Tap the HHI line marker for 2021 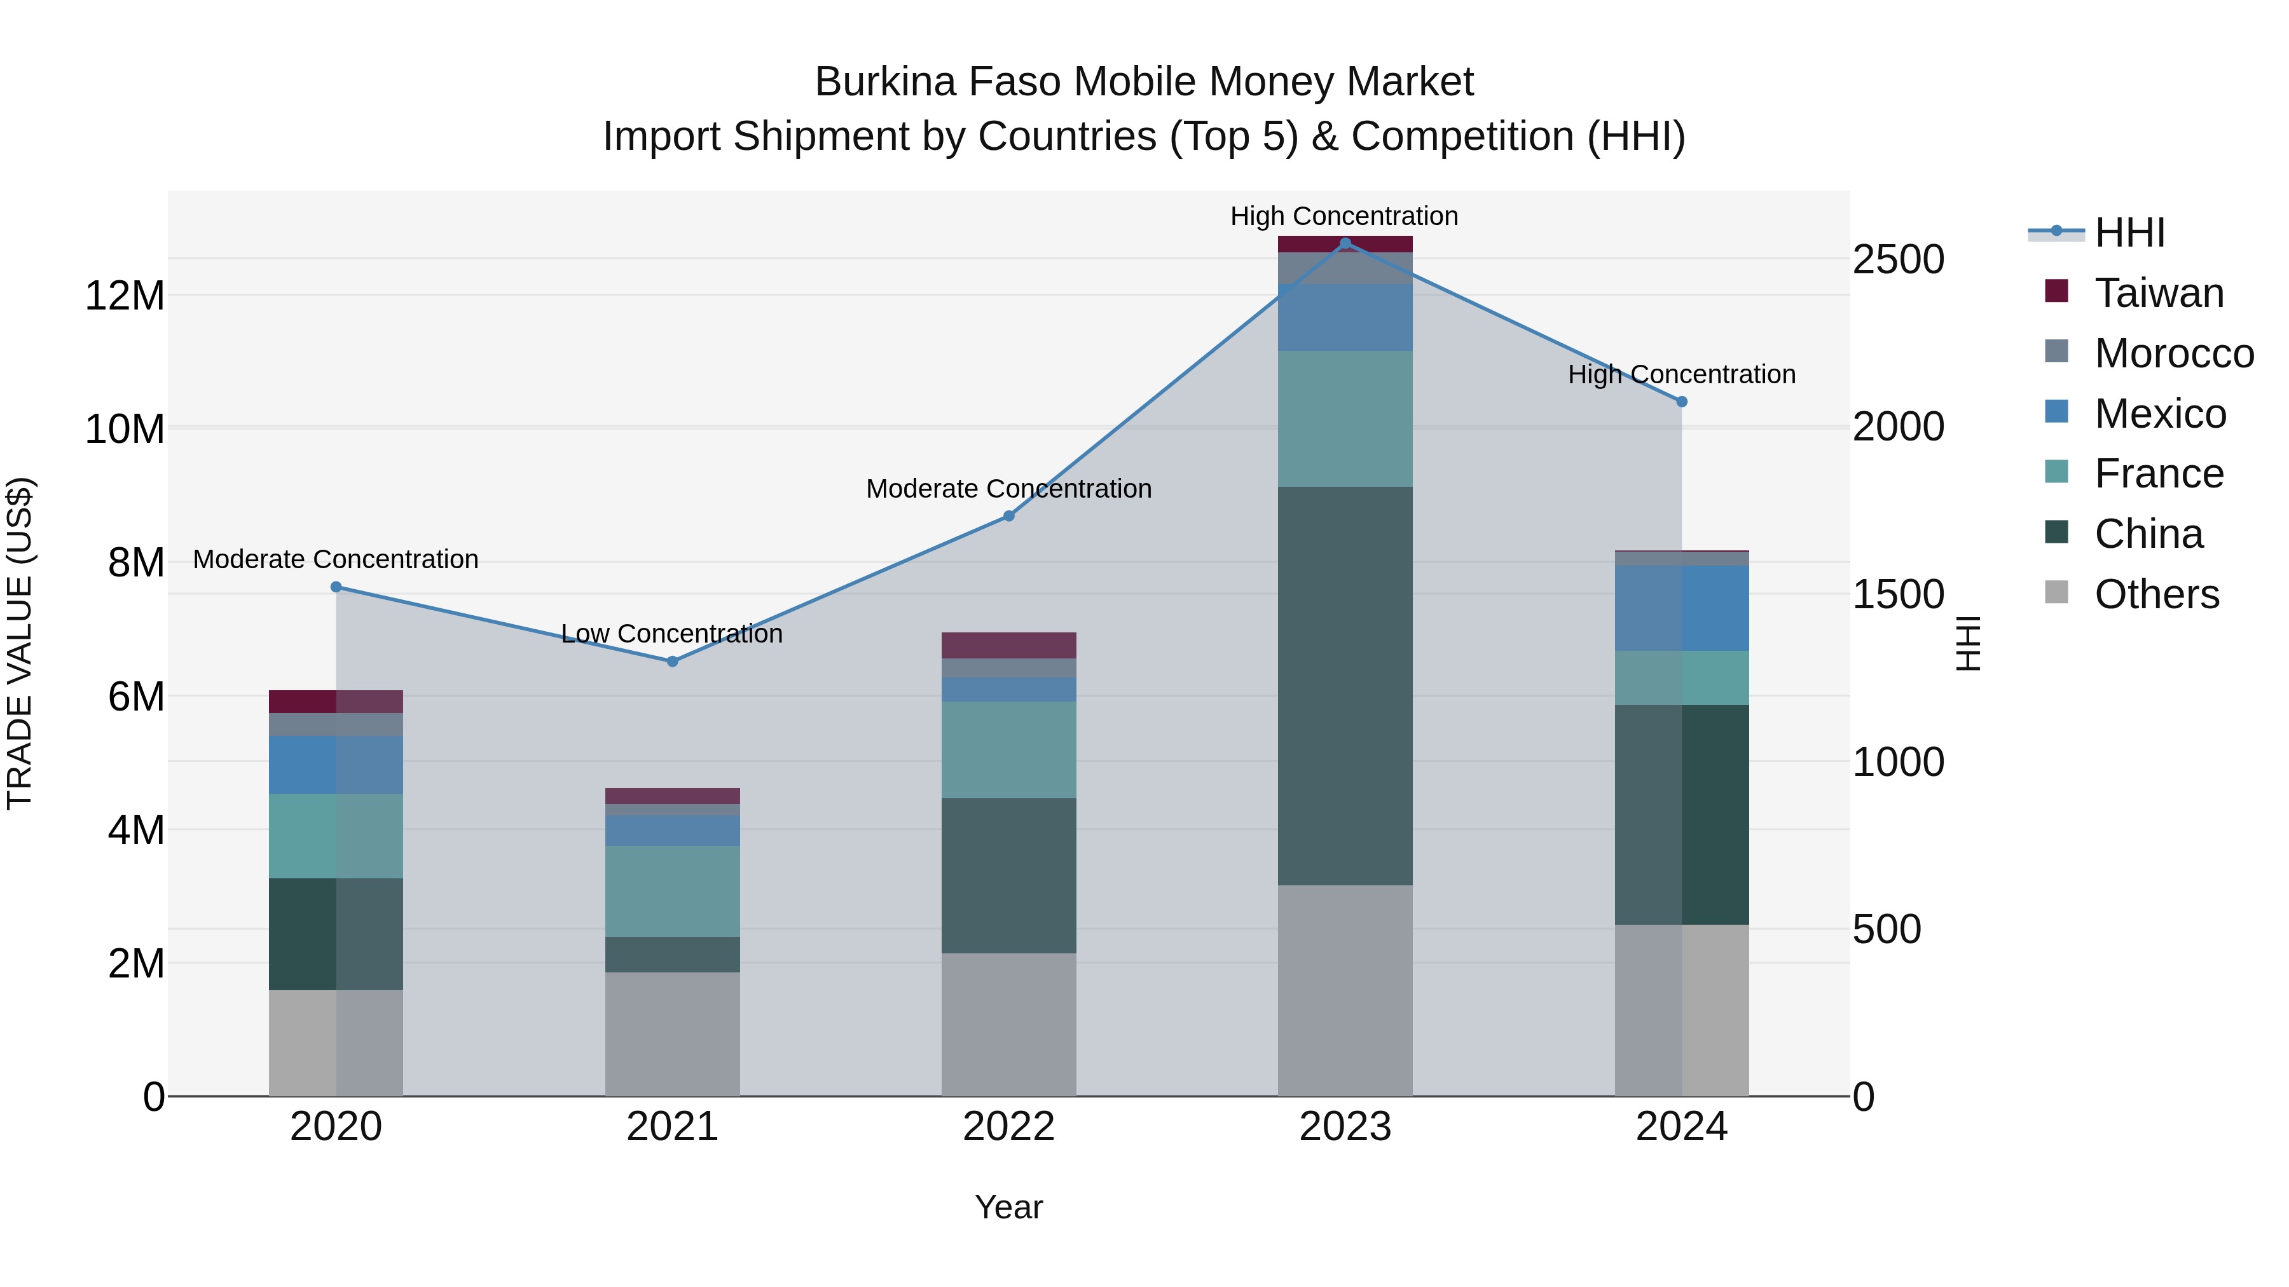[672, 662]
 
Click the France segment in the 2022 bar [1008, 750]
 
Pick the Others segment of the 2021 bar [672, 1034]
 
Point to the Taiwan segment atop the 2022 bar [1008, 645]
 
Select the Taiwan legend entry [2159, 293]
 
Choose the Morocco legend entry [2173, 353]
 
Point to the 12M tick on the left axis [125, 295]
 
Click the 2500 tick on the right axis [1898, 260]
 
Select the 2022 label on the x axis [1008, 1127]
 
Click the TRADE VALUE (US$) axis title [20, 643]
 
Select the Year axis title [1008, 1207]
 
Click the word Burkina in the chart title [884, 82]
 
